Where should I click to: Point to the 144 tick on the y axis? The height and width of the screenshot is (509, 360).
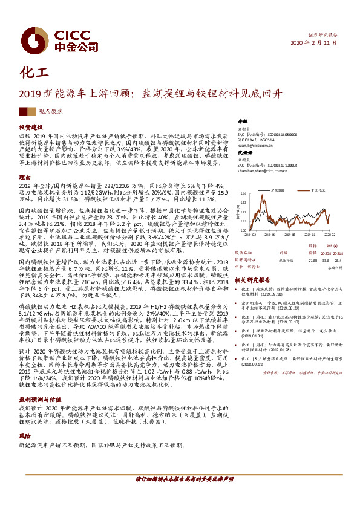tap(244, 194)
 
